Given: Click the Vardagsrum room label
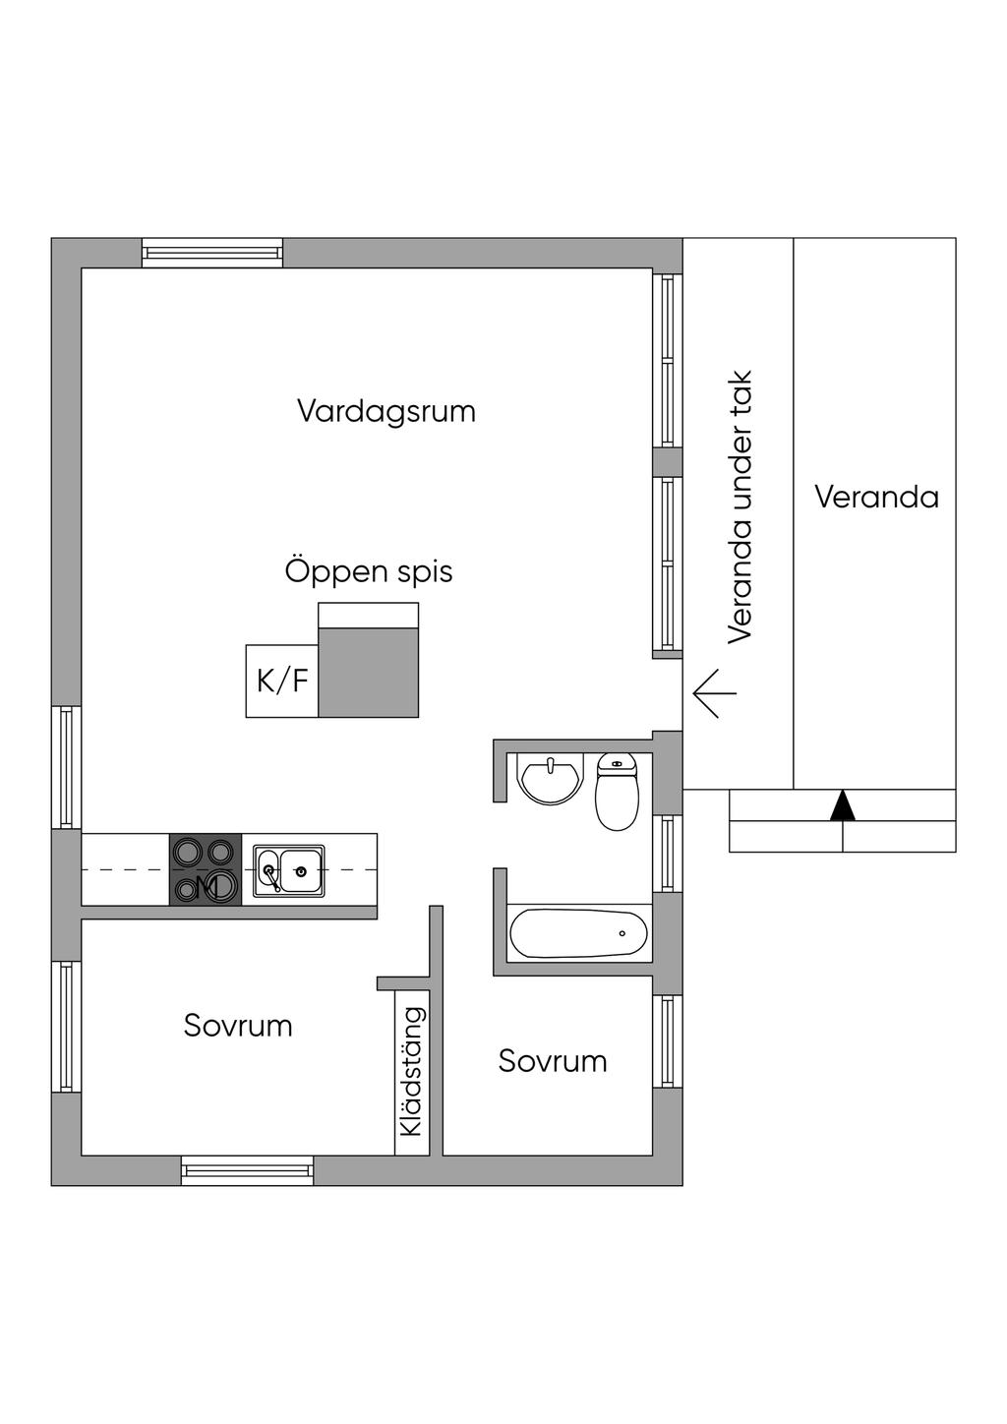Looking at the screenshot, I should point(386,411).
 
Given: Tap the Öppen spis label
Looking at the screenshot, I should point(369,571).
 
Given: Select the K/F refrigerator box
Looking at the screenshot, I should point(282,681).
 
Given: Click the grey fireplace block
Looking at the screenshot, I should point(369,673).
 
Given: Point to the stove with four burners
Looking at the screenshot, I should point(206,869).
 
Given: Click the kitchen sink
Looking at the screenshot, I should point(289,870).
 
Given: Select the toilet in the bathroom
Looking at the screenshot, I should point(617,793).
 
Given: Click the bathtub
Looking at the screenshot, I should point(578,933).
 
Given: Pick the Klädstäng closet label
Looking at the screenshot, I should point(412,1072).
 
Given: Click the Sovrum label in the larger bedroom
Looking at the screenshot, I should point(238,1026).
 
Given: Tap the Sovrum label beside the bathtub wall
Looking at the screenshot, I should point(553,1061).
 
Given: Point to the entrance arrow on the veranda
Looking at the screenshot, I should point(715,692).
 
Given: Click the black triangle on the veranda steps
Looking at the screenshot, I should point(843,805).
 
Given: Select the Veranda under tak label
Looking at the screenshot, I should point(740,506).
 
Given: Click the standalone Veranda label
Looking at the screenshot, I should point(876,497).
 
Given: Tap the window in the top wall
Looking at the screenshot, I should point(212,254).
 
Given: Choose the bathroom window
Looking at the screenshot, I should point(668,853).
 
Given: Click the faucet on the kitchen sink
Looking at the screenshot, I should point(269,873).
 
